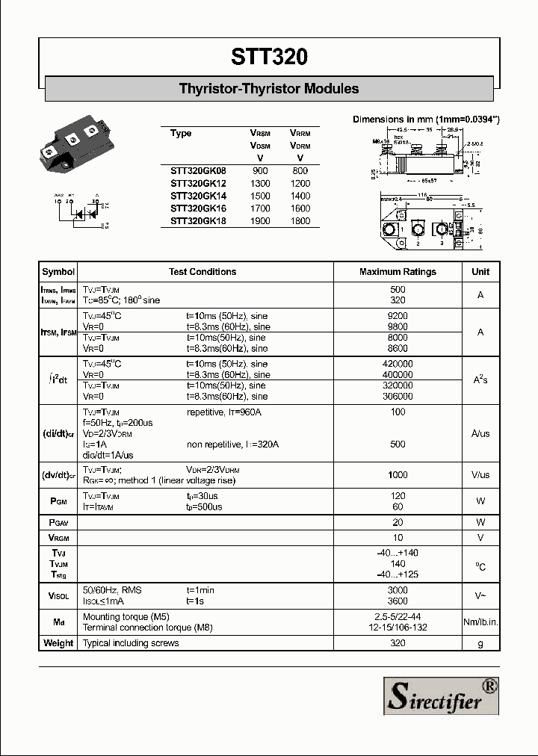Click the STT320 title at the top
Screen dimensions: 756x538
269,57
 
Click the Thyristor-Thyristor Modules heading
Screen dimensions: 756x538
269,89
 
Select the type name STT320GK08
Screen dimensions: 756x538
197,171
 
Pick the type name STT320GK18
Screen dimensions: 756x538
197,221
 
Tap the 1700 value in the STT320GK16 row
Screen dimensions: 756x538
260,208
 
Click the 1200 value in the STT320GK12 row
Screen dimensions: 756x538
300,184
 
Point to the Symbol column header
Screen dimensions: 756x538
58,272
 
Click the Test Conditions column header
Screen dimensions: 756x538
202,272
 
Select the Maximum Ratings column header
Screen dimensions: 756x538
398,272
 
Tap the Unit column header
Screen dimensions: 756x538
480,272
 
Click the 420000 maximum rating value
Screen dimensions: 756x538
398,364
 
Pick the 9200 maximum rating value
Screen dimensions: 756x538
398,316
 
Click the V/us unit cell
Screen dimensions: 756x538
480,474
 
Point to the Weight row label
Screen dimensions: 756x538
58,643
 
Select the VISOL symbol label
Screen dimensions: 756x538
58,595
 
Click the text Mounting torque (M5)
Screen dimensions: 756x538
126,617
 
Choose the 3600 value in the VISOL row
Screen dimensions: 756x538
398,601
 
